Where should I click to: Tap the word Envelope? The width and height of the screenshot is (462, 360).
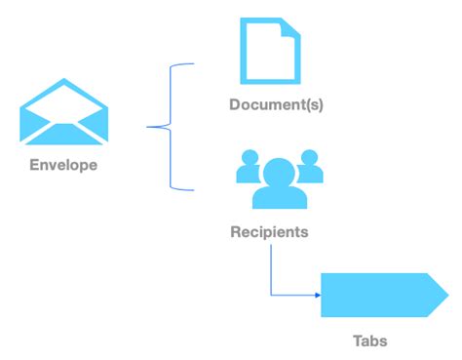click(x=63, y=165)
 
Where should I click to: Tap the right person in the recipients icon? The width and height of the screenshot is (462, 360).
click(x=309, y=168)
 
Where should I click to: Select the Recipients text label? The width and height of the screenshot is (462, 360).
click(x=269, y=232)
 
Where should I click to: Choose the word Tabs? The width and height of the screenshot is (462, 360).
click(x=369, y=341)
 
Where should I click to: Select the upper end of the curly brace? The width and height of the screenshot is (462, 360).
click(x=194, y=64)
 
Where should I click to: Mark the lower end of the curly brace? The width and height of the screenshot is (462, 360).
click(x=194, y=187)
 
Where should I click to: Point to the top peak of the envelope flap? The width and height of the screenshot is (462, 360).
click(x=63, y=79)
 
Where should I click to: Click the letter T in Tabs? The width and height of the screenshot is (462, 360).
click(x=357, y=341)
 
